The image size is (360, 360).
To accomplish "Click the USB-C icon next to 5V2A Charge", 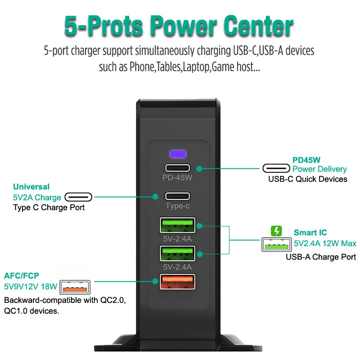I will click(78, 197).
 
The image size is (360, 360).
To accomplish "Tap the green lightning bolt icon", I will click(276, 231).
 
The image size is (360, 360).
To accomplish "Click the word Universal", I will click(31, 187).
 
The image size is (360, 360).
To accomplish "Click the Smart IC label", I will click(310, 233).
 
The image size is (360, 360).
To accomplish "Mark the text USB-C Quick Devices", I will click(308, 179).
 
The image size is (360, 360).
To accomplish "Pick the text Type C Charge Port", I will click(49, 207).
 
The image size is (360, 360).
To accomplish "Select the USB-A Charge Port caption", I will click(321, 257).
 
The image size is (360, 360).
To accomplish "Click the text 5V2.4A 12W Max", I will click(325, 243).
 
